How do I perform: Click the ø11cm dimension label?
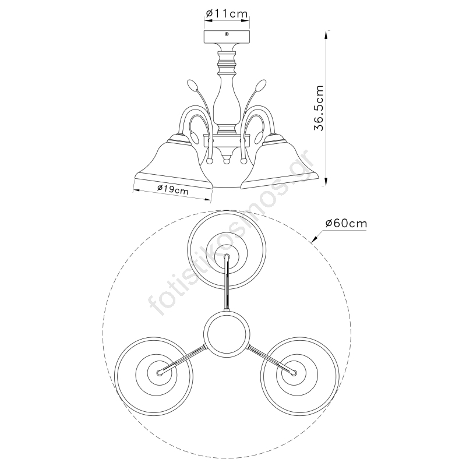point(227,13)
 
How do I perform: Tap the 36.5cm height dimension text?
point(319,108)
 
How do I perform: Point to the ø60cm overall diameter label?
point(346,223)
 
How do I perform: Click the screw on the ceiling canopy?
point(227,34)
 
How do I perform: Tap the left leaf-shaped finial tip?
point(192,85)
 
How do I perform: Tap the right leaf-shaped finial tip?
point(262,85)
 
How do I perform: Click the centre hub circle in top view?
point(227,333)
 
